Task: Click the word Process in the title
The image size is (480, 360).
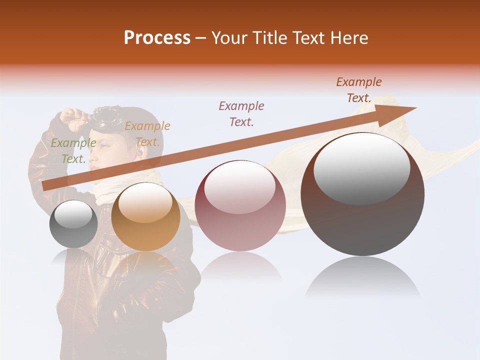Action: pos(157,38)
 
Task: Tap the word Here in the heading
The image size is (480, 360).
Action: pos(348,38)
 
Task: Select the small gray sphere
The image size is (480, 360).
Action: pos(73,224)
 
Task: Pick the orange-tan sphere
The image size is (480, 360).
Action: pos(145,217)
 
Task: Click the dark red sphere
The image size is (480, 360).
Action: pos(240,205)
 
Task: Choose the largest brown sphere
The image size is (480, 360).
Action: pos(362,194)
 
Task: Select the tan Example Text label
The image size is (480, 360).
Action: pos(147,133)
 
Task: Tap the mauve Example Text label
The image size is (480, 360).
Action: pos(241,113)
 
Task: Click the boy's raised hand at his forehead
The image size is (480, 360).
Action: pos(73,118)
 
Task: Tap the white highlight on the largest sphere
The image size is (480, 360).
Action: pos(362,167)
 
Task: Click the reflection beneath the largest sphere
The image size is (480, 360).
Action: pos(362,277)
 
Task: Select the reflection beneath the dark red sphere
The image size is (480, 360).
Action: pos(240,267)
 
